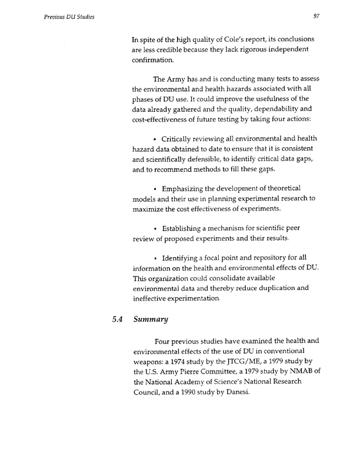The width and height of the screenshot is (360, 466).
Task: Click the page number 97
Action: pos(316,16)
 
